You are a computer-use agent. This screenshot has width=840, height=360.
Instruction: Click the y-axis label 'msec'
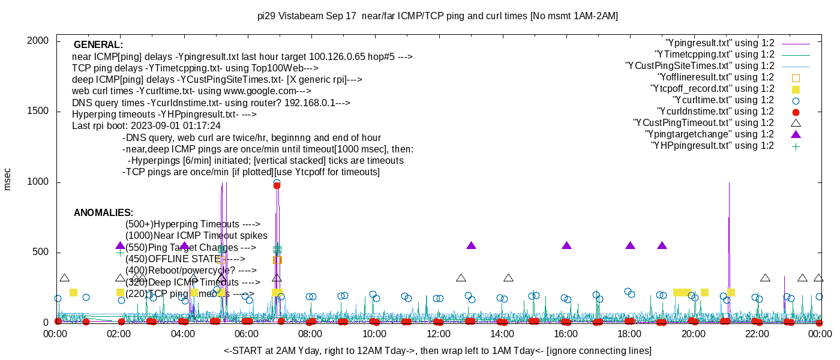pyautogui.click(x=8, y=179)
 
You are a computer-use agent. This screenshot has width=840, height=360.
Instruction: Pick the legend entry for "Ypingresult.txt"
pyautogui.click(x=720, y=43)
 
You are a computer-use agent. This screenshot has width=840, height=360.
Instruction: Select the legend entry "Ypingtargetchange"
pyautogui.click(x=710, y=134)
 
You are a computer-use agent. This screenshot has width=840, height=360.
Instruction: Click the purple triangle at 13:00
pyautogui.click(x=471, y=245)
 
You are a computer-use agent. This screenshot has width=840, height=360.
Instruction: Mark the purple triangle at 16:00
pyautogui.click(x=566, y=245)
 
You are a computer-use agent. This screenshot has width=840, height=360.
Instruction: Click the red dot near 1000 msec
pyautogui.click(x=277, y=185)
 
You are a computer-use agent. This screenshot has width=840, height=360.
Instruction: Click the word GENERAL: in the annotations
pyautogui.click(x=98, y=45)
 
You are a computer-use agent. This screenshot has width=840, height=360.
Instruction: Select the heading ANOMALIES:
pyautogui.click(x=103, y=213)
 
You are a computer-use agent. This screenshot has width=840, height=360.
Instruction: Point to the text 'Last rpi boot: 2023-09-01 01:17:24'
pyautogui.click(x=146, y=126)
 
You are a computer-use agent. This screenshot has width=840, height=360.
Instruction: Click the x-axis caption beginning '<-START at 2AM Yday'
pyautogui.click(x=437, y=350)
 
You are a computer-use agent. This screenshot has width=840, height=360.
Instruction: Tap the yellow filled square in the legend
pyautogui.click(x=796, y=89)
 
